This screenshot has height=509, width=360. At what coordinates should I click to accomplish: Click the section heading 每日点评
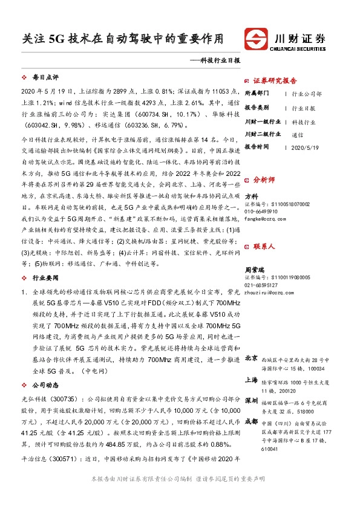tap(44, 78)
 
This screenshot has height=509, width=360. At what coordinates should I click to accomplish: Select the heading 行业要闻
tap(44, 277)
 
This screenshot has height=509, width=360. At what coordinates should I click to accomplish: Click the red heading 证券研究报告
tap(275, 81)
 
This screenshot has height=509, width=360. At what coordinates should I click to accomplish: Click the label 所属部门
tap(258, 94)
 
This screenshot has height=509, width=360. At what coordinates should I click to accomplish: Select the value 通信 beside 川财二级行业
tap(297, 135)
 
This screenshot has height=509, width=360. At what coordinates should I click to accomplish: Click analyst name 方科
tap(250, 196)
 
